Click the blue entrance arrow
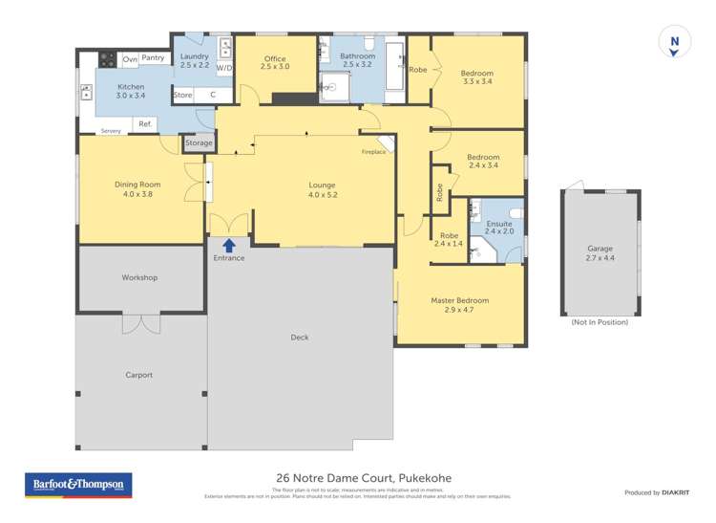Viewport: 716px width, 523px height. click(x=229, y=246)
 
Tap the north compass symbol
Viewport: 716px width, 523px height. click(x=675, y=42)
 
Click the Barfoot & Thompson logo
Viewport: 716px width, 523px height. click(x=77, y=485)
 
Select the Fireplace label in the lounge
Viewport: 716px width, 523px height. click(x=373, y=152)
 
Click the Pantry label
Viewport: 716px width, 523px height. click(x=153, y=58)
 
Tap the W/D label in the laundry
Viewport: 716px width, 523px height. click(x=224, y=69)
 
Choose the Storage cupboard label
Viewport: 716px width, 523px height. click(x=199, y=143)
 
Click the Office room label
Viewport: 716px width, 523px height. click(x=275, y=59)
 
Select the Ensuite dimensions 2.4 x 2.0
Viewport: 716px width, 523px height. click(x=498, y=231)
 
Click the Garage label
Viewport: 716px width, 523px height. click(x=600, y=249)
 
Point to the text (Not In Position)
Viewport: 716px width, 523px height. click(x=600, y=322)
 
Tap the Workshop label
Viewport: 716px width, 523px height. click(x=139, y=278)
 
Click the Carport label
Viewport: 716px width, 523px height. click(x=139, y=375)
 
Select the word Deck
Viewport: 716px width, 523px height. click(x=300, y=337)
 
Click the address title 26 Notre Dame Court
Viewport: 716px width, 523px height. click(x=364, y=478)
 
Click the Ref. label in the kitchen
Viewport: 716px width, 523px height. click(x=145, y=123)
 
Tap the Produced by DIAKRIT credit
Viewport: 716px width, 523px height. click(x=655, y=492)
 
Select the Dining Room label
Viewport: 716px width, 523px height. click(x=137, y=185)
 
